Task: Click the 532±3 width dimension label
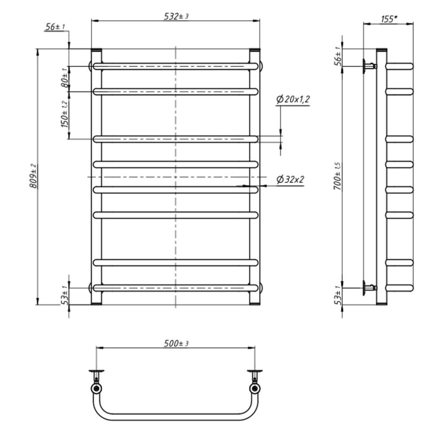(x=176, y=16)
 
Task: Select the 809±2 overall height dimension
(x=33, y=176)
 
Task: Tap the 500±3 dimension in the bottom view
(x=176, y=344)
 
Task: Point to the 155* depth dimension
(x=389, y=19)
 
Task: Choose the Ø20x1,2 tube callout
(x=293, y=99)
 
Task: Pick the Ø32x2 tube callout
(x=290, y=180)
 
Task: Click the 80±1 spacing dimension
(x=64, y=77)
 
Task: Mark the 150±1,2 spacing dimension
(x=64, y=114)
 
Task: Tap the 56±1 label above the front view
(x=55, y=27)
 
